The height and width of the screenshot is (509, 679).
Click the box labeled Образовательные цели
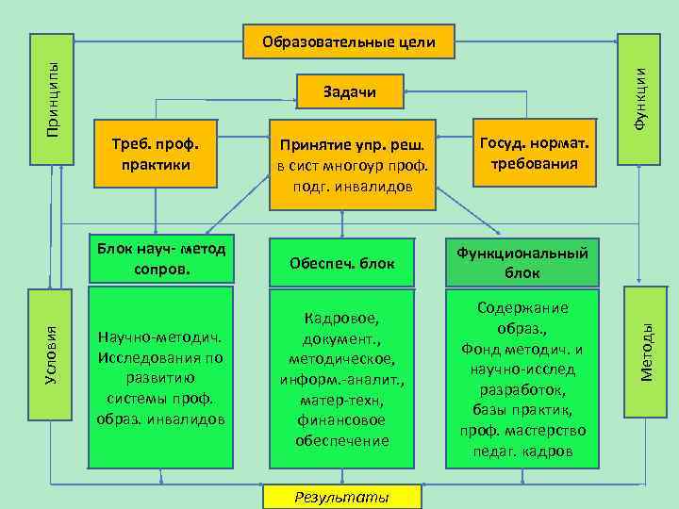[348, 41]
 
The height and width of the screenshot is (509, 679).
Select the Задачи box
[350, 91]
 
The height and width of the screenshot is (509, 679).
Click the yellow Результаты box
[342, 496]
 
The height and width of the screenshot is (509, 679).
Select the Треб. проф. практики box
[156, 155]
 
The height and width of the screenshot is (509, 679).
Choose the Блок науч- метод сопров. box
[159, 258]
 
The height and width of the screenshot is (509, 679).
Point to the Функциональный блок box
[522, 262]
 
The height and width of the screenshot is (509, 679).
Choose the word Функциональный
[522, 253]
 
